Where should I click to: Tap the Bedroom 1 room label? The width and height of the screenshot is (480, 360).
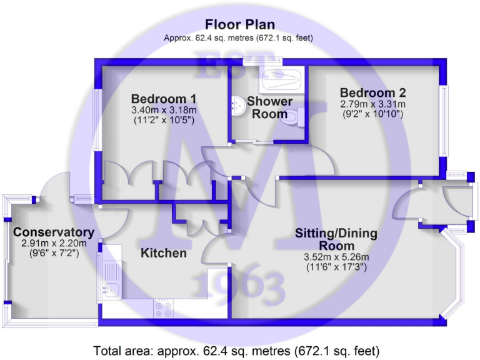pos(164,99)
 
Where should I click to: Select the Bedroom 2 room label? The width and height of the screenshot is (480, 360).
pos(373,94)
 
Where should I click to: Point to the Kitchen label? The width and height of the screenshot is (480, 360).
pos(163,253)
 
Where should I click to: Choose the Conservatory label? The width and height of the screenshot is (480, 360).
pos(54,232)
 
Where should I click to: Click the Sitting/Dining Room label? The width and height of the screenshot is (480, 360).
pos(336,239)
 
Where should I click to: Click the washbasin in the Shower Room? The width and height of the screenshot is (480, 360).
pos(236,107)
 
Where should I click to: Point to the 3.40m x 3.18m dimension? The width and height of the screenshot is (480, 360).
pos(164,111)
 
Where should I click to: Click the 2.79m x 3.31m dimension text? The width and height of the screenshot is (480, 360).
pos(373,104)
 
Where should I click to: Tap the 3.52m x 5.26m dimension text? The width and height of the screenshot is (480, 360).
pos(336,257)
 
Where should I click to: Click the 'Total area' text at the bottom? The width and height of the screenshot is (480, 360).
pos(236,349)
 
